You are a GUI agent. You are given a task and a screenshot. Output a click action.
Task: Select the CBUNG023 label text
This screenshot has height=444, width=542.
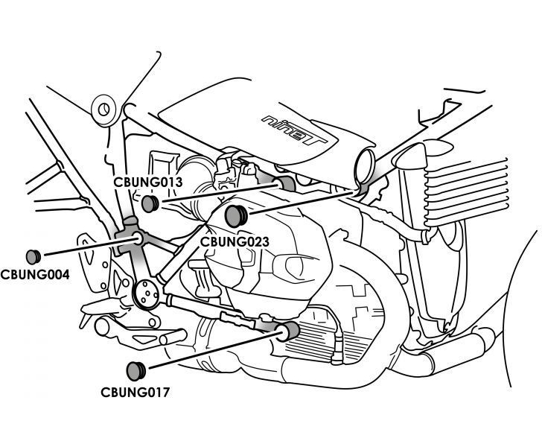pos(235,241)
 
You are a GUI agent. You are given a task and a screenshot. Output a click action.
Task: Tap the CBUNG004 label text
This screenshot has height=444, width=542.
pos(34,274)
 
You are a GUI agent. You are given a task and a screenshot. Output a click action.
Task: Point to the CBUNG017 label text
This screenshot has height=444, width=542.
pos(135,390)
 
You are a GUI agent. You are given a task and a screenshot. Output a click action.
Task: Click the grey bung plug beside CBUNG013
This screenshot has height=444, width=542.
pos(150,203)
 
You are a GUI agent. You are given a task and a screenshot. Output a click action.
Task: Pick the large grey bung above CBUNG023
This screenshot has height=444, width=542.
pos(236,216)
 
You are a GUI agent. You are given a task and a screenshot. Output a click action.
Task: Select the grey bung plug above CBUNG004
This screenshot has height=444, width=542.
pos(33,253)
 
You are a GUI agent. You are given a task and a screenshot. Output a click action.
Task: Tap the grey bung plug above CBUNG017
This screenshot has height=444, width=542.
pos(135,370)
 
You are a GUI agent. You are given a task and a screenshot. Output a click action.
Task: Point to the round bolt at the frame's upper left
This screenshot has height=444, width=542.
pos(103,111)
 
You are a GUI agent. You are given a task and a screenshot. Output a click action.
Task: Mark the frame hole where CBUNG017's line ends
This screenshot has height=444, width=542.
pos(287,330)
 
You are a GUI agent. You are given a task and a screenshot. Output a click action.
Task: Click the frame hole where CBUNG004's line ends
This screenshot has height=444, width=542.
pos(138,238)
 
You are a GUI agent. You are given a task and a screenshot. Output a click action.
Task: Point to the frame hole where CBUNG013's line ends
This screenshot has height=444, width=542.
pos(283,183)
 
